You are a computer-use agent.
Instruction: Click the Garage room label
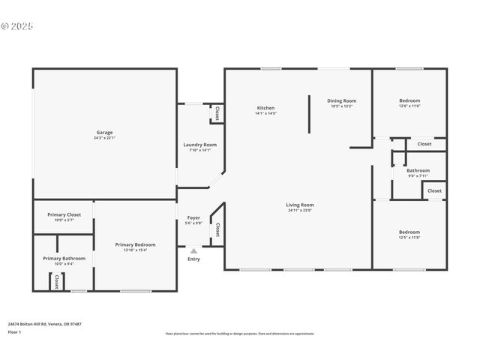103,133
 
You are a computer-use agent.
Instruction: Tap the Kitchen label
265,108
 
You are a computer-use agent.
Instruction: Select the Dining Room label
341,100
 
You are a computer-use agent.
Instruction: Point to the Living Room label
300,205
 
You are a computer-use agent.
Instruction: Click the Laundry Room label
200,145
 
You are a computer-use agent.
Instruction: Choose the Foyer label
193,217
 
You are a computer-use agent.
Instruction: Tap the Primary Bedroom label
135,244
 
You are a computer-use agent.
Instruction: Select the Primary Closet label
64,214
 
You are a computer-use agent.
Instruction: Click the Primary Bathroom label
64,258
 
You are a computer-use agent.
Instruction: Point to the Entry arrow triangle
193,251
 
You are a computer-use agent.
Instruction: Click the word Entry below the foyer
193,259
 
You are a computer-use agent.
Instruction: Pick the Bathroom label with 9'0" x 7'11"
418,170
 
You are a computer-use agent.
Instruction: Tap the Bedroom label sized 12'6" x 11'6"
409,100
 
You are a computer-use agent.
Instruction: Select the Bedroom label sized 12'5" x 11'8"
409,232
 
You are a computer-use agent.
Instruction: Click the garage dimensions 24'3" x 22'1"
103,138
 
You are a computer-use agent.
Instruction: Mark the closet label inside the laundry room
217,113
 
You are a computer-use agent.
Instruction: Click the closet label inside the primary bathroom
56,281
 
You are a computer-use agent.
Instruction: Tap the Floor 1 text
15,331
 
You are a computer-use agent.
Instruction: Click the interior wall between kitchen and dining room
309,113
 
